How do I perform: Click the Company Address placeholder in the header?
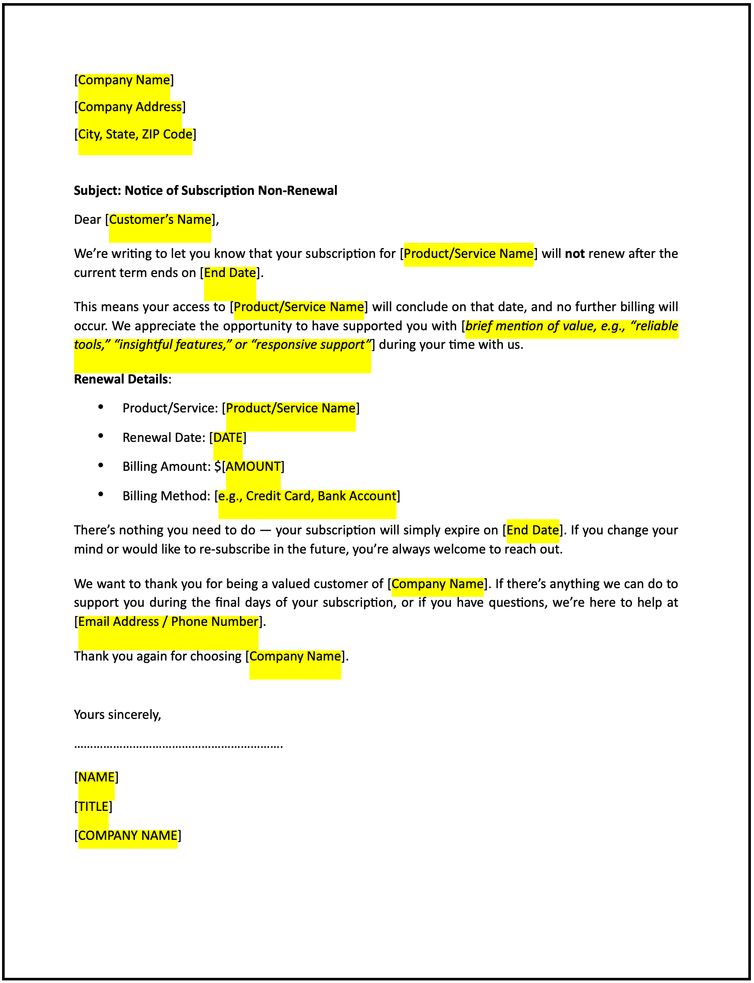pos(130,107)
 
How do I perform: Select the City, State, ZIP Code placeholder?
pos(135,134)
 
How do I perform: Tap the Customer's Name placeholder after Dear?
pos(160,220)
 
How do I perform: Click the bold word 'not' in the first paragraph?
pos(575,254)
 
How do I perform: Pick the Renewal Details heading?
pos(121,379)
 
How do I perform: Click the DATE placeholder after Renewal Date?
pos(228,438)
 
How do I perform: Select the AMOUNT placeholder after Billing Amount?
pos(253,467)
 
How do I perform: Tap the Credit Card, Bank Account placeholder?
pos(307,496)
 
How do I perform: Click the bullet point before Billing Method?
pos(101,495)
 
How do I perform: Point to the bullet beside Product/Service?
pos(101,407)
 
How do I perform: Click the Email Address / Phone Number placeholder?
pos(168,622)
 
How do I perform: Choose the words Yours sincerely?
pos(118,715)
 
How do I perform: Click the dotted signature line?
pos(178,746)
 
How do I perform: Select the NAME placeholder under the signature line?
pos(97,777)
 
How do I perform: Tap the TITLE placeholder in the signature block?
pos(94,807)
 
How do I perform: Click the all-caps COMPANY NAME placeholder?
pos(128,836)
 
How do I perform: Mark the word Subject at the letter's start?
pos(97,191)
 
